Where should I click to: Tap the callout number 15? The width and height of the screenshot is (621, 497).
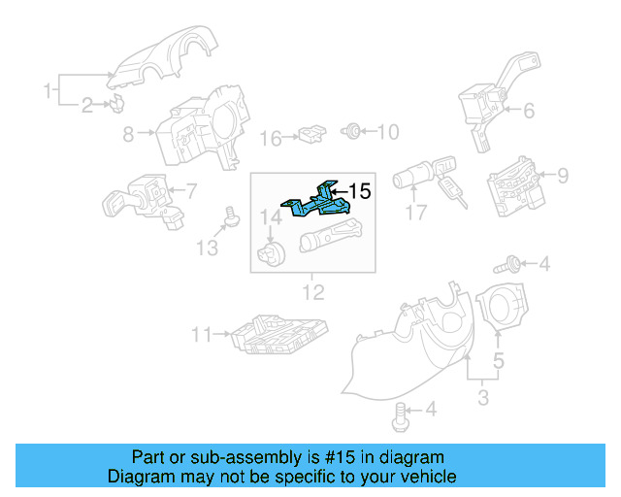[x=359, y=192]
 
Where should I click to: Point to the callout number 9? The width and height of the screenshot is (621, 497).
[x=561, y=176]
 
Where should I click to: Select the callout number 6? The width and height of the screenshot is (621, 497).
[x=529, y=111]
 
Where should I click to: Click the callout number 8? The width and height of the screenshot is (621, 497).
[x=128, y=136]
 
